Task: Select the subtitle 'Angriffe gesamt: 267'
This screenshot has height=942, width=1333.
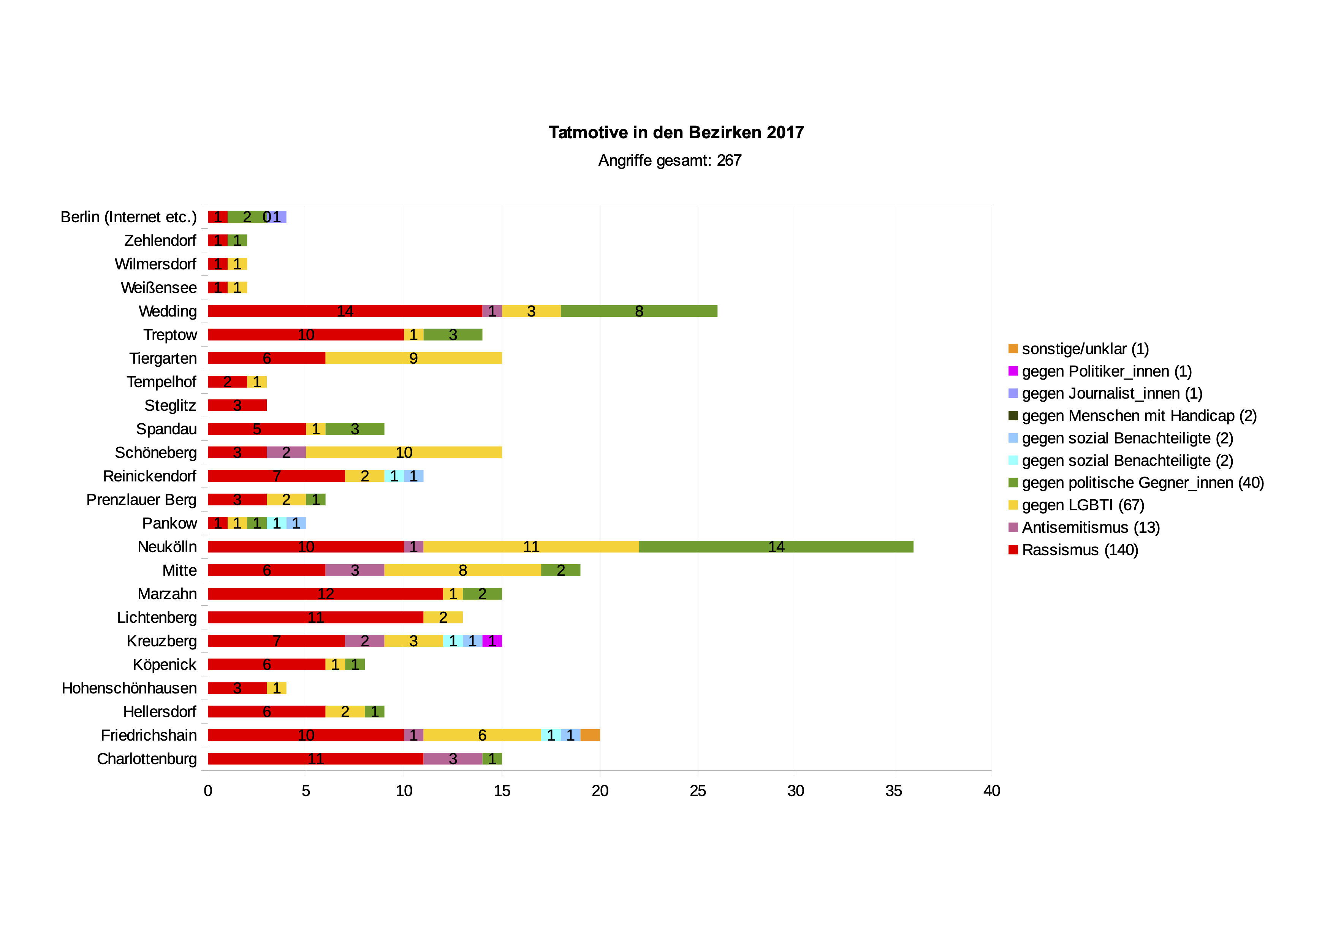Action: pos(670,160)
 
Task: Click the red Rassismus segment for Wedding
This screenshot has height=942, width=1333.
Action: pos(345,311)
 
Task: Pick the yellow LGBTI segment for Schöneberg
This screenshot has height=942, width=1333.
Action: pos(404,452)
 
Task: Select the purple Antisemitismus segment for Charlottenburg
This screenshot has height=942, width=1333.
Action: pos(453,758)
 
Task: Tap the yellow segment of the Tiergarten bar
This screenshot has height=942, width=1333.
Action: pos(413,358)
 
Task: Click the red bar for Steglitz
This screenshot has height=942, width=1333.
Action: pos(237,405)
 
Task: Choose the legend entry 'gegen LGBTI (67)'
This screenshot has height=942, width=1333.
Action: pos(1082,505)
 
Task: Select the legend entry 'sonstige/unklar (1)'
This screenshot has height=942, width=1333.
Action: pos(1084,349)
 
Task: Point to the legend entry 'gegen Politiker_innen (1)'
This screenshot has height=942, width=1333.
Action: pos(1106,371)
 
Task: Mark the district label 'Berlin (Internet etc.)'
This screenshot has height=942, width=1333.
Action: pos(128,217)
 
